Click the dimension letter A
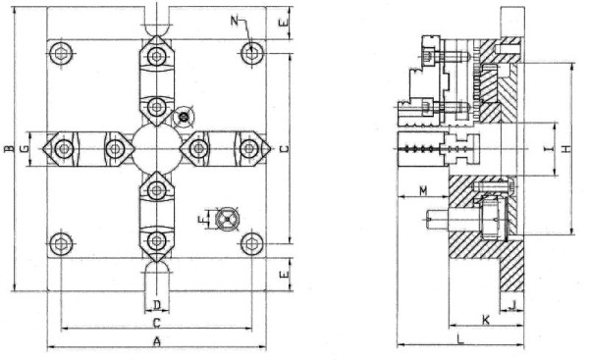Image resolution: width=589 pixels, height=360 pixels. tap(156, 340)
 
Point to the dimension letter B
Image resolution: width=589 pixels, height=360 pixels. tap(7, 150)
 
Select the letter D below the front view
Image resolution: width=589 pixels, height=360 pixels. tap(156, 305)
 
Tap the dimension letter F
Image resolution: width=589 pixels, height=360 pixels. tap(201, 220)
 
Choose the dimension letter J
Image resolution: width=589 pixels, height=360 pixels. tap(515, 304)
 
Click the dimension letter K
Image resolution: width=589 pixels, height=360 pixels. tap(485, 321)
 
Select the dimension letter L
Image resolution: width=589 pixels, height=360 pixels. tap(460, 338)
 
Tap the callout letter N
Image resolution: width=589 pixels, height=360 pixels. tap(235, 20)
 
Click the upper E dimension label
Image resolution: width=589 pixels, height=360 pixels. tap(283, 20)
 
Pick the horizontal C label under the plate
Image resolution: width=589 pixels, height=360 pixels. tap(156, 322)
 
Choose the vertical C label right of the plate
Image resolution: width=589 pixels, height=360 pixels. tap(283, 149)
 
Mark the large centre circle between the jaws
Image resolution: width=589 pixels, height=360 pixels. tap(156, 149)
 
